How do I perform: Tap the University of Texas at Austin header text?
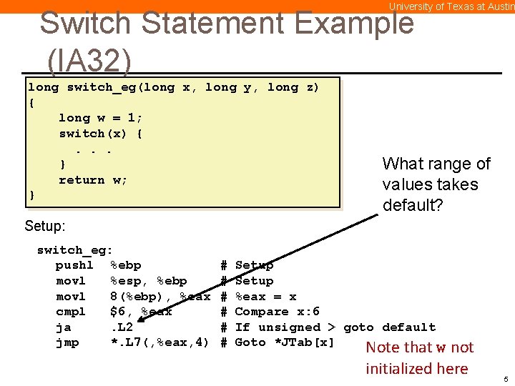click(x=451, y=6)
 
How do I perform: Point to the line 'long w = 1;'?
click(x=100, y=118)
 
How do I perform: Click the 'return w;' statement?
click(x=93, y=180)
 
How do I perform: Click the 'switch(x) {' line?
click(x=100, y=134)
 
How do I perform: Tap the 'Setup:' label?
click(x=45, y=226)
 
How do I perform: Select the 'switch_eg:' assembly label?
click(x=74, y=250)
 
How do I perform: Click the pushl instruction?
click(x=74, y=266)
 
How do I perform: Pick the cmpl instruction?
click(x=71, y=312)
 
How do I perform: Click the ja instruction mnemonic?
click(x=63, y=327)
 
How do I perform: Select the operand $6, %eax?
click(x=141, y=312)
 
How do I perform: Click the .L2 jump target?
click(x=121, y=327)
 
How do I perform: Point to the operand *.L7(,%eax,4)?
click(x=160, y=343)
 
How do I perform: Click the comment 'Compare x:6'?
click(x=277, y=312)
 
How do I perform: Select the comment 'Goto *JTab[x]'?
click(x=285, y=343)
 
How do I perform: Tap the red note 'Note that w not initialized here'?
click(x=419, y=358)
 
